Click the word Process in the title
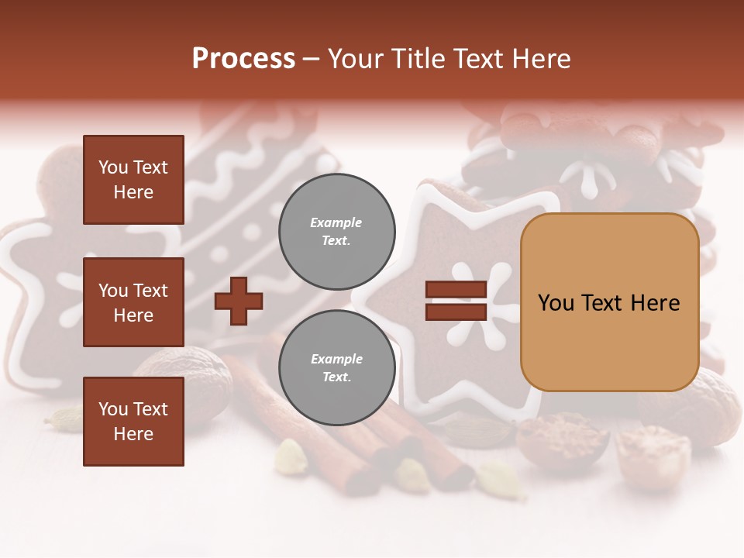pyautogui.click(x=243, y=59)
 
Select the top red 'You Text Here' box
pyautogui.click(x=133, y=180)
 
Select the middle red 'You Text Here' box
pyautogui.click(x=133, y=302)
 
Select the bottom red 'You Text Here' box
pyautogui.click(x=133, y=422)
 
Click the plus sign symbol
pyautogui.click(x=239, y=301)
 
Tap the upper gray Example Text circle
pyautogui.click(x=336, y=232)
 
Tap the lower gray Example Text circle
pyautogui.click(x=336, y=368)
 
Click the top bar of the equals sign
pyautogui.click(x=456, y=290)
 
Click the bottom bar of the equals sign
pyautogui.click(x=456, y=312)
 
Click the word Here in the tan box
pyautogui.click(x=655, y=303)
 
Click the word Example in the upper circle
pyautogui.click(x=336, y=222)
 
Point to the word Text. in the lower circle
pyautogui.click(x=336, y=377)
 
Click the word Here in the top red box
pyautogui.click(x=133, y=192)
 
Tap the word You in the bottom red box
pyautogui.click(x=113, y=409)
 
